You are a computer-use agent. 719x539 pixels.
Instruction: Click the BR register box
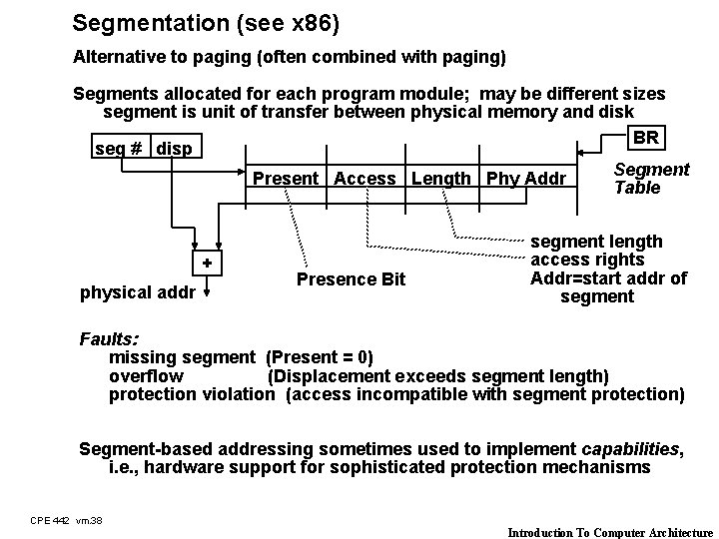645,137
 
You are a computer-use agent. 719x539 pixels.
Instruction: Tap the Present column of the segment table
286,179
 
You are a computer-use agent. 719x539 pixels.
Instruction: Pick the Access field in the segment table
364,179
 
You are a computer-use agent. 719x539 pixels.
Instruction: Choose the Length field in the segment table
441,179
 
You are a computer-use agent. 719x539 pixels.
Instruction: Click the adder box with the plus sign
207,263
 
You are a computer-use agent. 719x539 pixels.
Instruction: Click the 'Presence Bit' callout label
351,279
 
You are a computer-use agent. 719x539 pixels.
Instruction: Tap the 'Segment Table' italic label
651,179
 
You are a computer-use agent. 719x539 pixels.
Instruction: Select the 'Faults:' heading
109,338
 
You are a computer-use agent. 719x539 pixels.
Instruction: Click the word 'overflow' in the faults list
146,375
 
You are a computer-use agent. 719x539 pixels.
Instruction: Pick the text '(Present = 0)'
320,357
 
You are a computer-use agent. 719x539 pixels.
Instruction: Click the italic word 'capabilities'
628,449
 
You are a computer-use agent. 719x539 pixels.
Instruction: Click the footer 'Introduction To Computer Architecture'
610,532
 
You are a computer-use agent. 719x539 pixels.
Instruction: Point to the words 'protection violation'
191,394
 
